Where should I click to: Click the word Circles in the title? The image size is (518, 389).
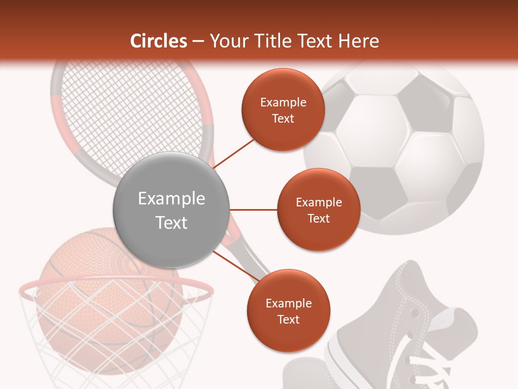coord(158,42)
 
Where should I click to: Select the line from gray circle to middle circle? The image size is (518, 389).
coord(254,210)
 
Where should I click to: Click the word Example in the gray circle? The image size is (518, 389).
coord(172,199)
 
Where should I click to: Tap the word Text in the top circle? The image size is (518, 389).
coord(283,119)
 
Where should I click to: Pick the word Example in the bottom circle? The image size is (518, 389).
coord(288,304)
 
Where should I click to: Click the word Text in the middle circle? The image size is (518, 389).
coord(318,219)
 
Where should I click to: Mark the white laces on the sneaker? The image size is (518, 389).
coord(432,367)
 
